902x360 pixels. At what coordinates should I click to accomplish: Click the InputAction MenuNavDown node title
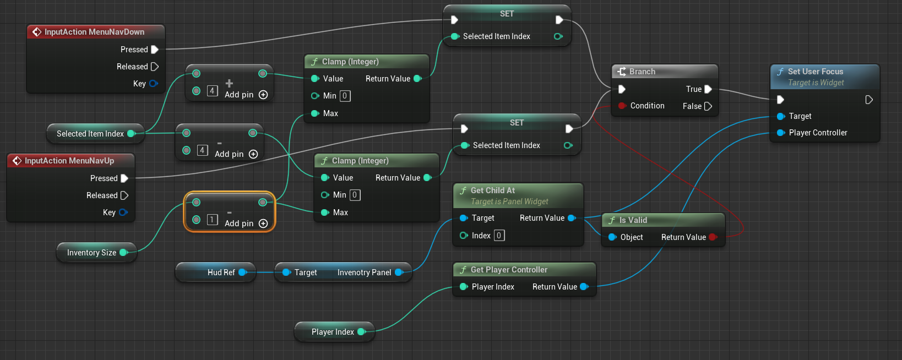[94, 32]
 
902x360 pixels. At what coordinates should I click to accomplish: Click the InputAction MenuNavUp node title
[69, 161]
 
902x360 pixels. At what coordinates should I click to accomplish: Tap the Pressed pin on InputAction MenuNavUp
[124, 178]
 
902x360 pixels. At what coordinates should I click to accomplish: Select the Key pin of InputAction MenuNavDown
[153, 84]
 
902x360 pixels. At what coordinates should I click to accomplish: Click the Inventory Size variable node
[91, 253]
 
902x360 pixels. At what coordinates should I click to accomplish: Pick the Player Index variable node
[333, 332]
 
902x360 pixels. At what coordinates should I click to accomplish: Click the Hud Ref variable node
[221, 272]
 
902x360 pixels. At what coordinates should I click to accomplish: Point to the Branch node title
[642, 72]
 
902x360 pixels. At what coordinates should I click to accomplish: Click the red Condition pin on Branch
[622, 106]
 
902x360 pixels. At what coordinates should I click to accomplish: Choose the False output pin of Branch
[708, 106]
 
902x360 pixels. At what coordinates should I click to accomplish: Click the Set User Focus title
[815, 72]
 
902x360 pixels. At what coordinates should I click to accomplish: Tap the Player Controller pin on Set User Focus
[781, 133]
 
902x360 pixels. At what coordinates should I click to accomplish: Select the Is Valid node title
[633, 220]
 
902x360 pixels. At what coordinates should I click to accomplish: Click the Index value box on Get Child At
[499, 236]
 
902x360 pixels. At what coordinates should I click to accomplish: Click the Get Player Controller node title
[509, 270]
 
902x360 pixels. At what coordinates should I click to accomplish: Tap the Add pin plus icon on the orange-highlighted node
[263, 223]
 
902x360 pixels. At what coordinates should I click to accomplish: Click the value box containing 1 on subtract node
[212, 220]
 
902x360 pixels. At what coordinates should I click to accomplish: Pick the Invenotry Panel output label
[364, 272]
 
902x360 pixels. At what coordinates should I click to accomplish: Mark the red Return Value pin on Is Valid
[713, 237]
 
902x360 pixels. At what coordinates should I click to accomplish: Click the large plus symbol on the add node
[229, 83]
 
